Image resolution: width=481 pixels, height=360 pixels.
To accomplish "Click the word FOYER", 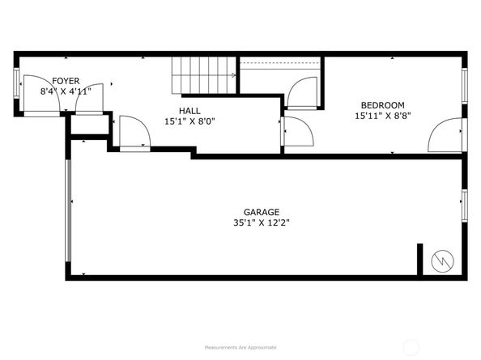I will (x=66, y=80).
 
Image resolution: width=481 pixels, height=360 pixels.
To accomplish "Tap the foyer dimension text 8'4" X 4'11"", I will (x=66, y=91).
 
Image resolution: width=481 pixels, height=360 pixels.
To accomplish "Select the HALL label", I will (x=189, y=111).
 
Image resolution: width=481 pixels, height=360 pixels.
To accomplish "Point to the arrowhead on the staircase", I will (x=233, y=75).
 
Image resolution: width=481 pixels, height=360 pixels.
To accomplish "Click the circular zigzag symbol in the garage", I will (x=444, y=260).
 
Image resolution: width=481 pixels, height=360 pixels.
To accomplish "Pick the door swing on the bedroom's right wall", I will (x=447, y=134).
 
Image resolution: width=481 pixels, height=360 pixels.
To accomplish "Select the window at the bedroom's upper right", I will (x=465, y=86).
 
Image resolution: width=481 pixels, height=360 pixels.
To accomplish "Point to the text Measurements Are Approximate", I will (x=240, y=347).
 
